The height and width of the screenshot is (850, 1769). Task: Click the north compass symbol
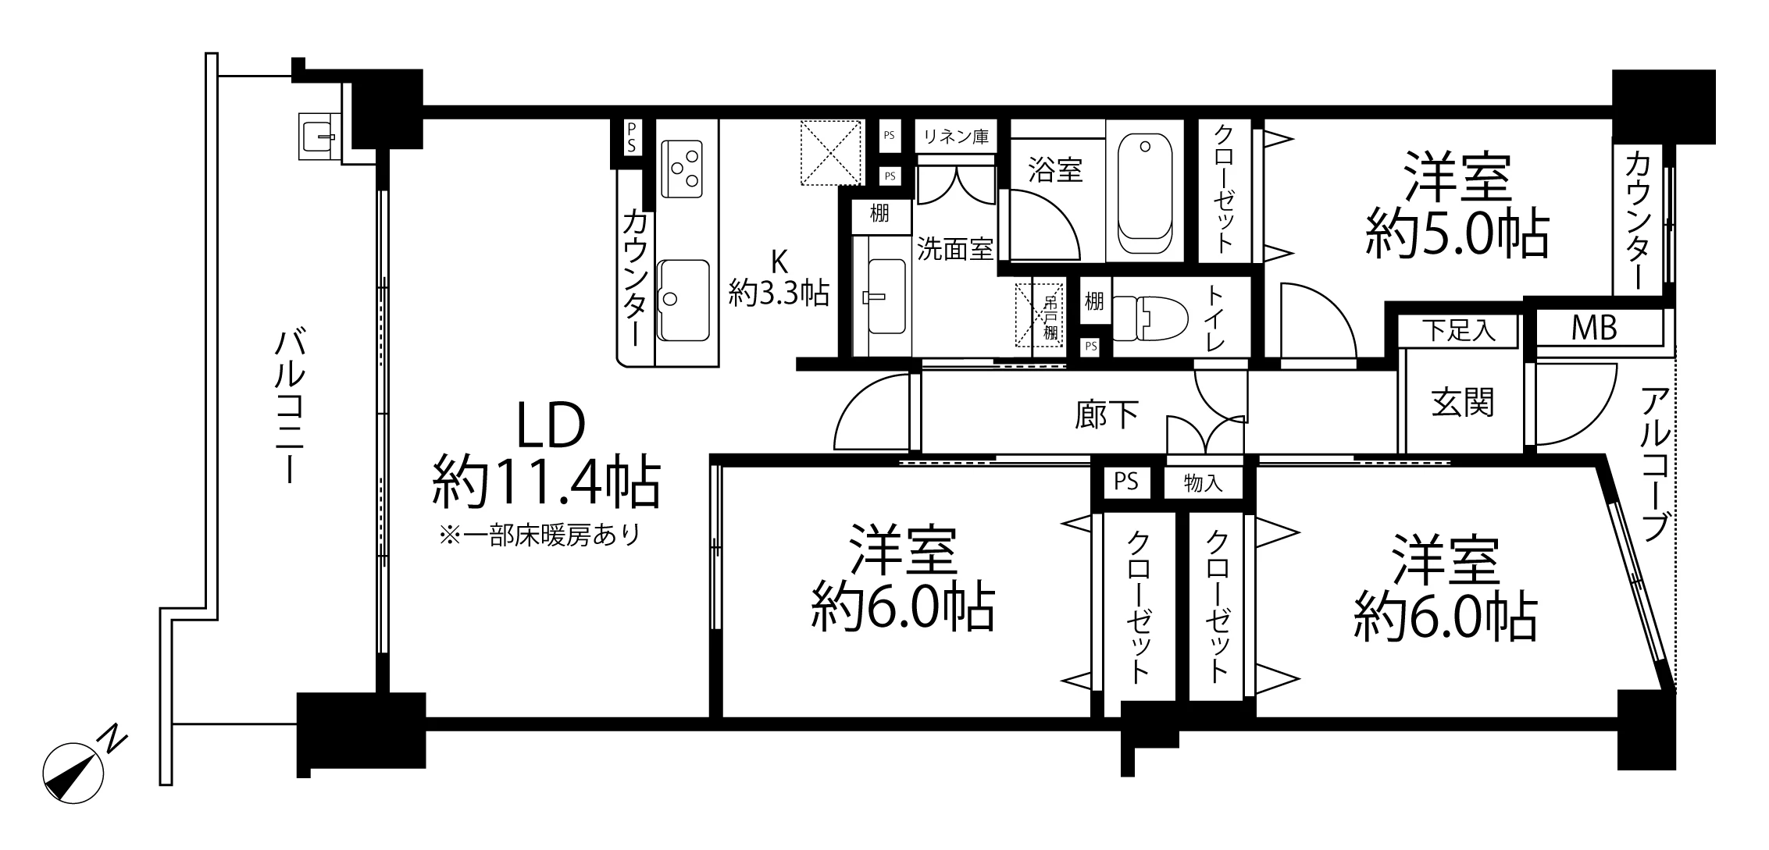tap(73, 773)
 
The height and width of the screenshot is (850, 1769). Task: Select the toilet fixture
tap(1149, 318)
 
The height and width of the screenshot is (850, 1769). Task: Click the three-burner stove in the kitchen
tap(681, 169)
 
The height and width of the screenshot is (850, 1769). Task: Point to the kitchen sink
tap(683, 299)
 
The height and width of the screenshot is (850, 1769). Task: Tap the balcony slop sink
tap(319, 136)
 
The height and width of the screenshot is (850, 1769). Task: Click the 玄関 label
tap(1463, 403)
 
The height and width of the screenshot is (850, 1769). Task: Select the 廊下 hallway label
tap(1107, 414)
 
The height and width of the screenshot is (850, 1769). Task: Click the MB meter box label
tap(1593, 329)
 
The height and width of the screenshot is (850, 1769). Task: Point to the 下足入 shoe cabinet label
tap(1458, 330)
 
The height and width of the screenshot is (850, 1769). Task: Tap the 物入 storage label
tap(1203, 482)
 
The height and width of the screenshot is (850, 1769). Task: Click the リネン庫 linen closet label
tap(956, 137)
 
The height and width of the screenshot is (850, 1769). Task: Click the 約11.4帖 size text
tap(547, 482)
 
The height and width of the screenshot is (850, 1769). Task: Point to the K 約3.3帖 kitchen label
tap(779, 278)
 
